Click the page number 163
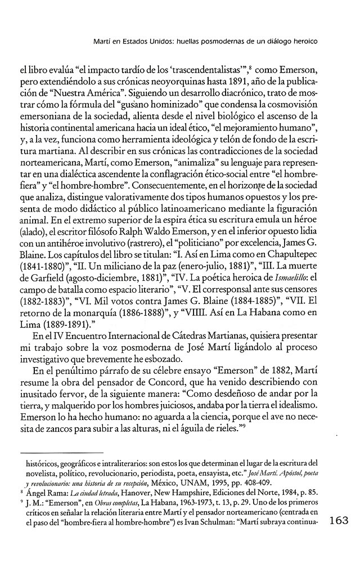[x=342, y=520]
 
